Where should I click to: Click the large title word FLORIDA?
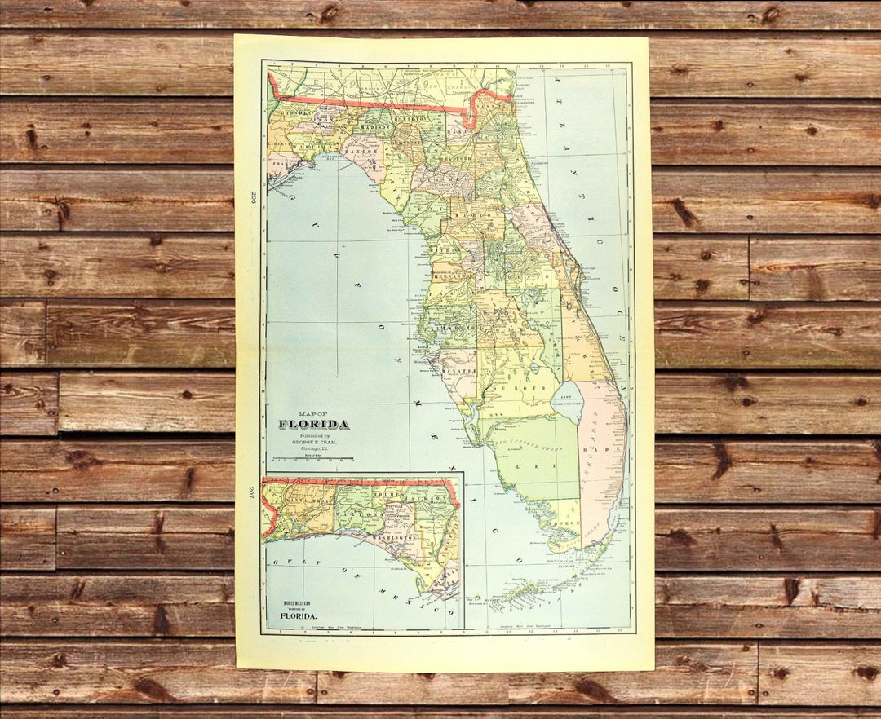click(x=314, y=424)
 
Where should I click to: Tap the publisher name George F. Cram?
click(x=314, y=441)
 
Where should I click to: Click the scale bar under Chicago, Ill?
click(x=314, y=460)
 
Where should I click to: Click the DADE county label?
click(x=613, y=449)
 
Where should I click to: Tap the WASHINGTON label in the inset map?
click(x=395, y=539)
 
